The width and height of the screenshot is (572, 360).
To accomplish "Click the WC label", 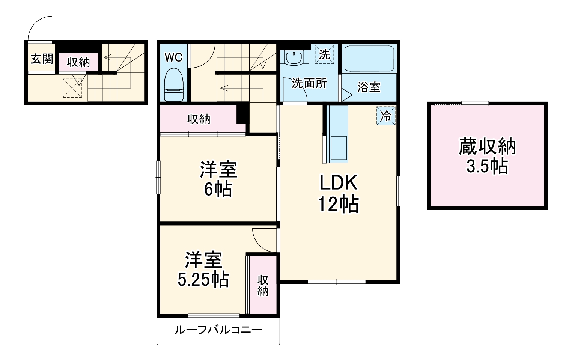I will [173, 57].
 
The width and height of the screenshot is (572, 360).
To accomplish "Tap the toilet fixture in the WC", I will [173, 84].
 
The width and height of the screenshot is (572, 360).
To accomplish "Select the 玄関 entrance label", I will [42, 59].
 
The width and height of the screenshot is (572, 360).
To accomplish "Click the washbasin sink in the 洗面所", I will [294, 58].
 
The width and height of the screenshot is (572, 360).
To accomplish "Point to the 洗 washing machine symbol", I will [324, 54].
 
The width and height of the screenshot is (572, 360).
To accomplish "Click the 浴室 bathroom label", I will [369, 87].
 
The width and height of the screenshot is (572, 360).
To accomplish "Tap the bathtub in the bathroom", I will [369, 59].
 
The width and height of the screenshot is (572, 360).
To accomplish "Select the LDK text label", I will [338, 183].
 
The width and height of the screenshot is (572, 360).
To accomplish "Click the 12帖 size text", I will [338, 205].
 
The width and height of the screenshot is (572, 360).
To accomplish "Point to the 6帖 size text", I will [218, 189].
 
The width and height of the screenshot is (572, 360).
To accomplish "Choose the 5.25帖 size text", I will [203, 279].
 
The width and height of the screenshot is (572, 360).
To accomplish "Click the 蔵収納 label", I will [487, 147].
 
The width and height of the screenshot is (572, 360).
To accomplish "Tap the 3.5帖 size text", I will [487, 166].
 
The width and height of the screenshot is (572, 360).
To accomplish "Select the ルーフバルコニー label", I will [218, 330].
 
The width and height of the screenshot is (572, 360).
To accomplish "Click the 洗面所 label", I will [309, 83].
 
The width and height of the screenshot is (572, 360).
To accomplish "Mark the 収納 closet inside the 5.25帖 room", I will [263, 285].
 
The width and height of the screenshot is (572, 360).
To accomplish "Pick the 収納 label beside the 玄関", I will [78, 62].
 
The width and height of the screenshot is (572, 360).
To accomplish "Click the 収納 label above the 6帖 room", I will [199, 119].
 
